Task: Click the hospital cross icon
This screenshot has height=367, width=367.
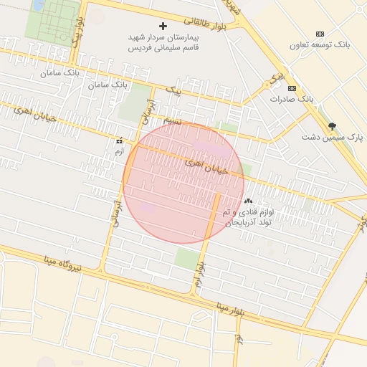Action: (163, 26)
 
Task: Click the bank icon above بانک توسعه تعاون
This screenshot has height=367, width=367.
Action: (320, 34)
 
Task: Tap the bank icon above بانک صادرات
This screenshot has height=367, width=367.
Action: (291, 88)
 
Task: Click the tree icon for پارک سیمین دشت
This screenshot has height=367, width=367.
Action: (331, 125)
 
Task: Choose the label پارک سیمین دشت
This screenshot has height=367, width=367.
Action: (332, 136)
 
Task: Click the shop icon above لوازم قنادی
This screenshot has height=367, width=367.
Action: (249, 201)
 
